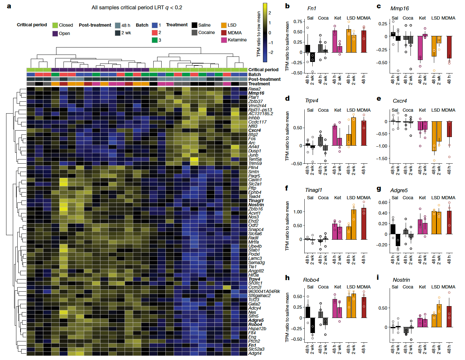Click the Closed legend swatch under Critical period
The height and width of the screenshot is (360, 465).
click(x=55, y=25)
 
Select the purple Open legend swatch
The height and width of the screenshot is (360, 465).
click(x=55, y=33)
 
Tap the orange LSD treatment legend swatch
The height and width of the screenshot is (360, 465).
click(x=224, y=25)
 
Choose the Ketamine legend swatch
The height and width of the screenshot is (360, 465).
click(x=224, y=40)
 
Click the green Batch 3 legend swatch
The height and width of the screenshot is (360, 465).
click(x=155, y=40)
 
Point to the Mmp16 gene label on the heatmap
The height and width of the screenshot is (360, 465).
click(x=256, y=93)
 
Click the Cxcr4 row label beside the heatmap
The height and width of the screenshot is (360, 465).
click(x=254, y=130)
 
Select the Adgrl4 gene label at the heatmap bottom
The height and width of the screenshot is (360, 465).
click(x=255, y=353)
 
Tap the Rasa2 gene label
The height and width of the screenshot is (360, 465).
click(x=254, y=89)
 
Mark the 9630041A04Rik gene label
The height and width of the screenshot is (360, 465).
click(x=264, y=291)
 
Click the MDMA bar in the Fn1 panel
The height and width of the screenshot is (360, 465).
click(x=364, y=41)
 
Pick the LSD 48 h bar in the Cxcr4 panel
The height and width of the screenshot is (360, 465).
click(x=434, y=136)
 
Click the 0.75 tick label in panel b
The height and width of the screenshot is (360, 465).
click(x=298, y=21)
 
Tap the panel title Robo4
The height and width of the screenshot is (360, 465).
click(x=311, y=280)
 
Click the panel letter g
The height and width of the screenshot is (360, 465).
click(x=379, y=189)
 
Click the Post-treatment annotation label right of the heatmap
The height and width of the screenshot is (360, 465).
click(x=264, y=79)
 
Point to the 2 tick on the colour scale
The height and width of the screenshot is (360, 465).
click(x=270, y=13)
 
